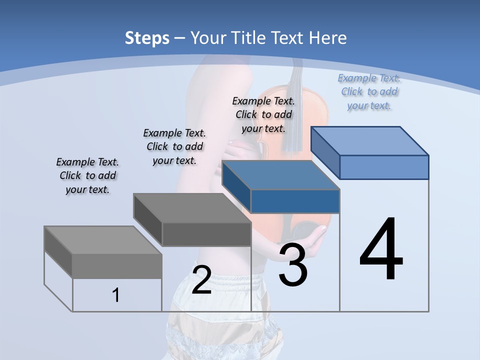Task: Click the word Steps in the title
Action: [x=147, y=38]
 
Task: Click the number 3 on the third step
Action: [x=293, y=265]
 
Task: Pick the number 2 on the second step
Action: [x=201, y=279]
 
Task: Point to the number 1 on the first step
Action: [x=116, y=295]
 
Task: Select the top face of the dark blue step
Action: [x=280, y=175]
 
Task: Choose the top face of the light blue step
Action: [x=369, y=140]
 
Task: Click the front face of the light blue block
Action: [x=384, y=167]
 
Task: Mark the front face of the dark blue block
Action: [x=295, y=201]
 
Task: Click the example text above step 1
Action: [x=87, y=175]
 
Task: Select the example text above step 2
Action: [x=174, y=146]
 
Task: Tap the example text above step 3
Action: [x=263, y=114]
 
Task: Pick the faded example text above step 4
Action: [x=369, y=91]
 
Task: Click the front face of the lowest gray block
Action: [x=117, y=266]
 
